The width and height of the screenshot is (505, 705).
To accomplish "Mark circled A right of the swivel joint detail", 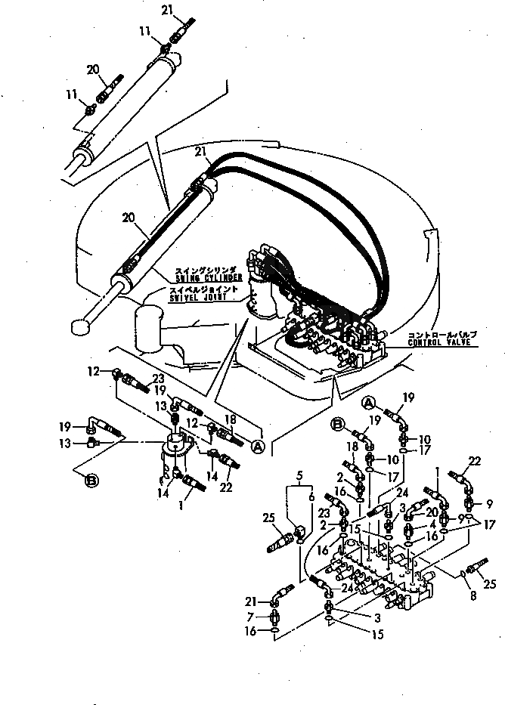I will [259, 448].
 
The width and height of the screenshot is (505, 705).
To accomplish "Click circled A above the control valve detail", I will [370, 400].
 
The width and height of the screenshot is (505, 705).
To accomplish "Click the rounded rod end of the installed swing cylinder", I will [78, 326].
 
